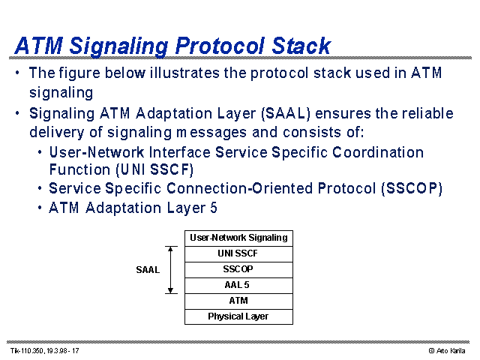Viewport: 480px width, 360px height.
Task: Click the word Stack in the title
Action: [x=301, y=46]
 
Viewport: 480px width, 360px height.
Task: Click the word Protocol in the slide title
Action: [x=220, y=46]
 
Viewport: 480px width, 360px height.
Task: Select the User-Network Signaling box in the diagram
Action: [x=238, y=238]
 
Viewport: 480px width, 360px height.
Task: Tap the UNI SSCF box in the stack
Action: [x=238, y=253]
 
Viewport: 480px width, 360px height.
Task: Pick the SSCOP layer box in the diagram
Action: [x=238, y=270]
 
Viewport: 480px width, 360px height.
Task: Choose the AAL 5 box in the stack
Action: [x=238, y=286]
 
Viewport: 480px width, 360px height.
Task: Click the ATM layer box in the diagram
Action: [x=238, y=301]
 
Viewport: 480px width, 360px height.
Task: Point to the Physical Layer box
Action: [x=238, y=316]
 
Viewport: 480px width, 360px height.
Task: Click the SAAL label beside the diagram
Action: [x=148, y=270]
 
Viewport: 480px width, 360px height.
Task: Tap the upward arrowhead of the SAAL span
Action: [x=171, y=249]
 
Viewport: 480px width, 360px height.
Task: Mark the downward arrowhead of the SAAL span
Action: [x=171, y=290]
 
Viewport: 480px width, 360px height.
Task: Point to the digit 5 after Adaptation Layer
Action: [x=213, y=208]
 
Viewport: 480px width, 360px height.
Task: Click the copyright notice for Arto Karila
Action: [x=447, y=351]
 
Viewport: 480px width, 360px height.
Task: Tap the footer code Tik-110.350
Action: [x=28, y=351]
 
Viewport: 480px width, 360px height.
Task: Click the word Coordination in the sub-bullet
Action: [x=378, y=152]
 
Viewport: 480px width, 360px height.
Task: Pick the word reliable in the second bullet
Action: [x=427, y=113]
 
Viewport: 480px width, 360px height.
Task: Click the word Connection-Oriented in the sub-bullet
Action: [x=240, y=188]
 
